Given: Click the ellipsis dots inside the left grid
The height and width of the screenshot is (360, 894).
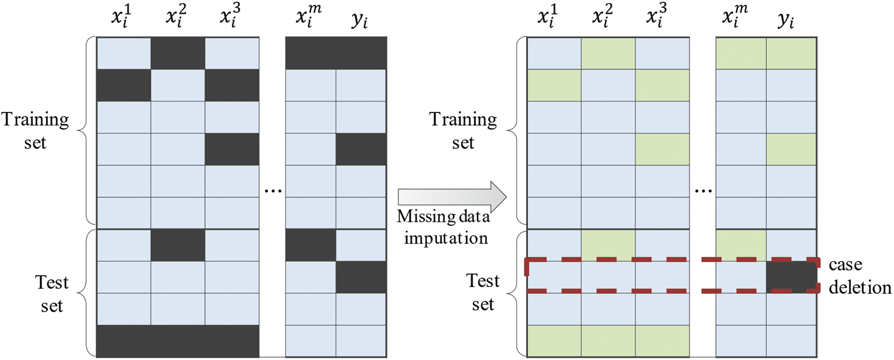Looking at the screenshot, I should [272, 190].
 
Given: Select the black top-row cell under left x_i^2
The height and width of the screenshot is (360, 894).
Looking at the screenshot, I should [178, 53].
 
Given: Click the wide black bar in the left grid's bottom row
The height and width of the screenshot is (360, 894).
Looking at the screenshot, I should [178, 341].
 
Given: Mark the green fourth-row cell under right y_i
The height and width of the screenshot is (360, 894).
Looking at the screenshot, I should [792, 149].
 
